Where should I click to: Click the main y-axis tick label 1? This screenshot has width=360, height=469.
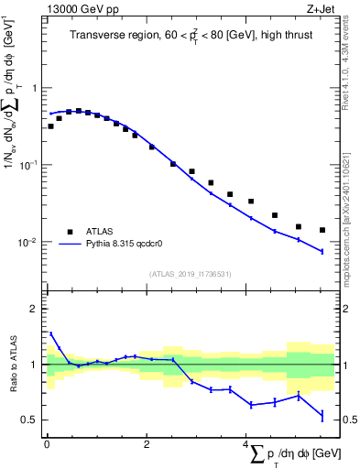[35, 88]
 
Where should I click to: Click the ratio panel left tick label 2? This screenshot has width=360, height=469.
[35, 309]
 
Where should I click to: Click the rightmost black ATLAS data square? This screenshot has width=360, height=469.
[322, 230]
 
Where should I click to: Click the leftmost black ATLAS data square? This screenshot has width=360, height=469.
[50, 126]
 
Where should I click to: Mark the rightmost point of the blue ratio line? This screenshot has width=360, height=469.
[322, 417]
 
